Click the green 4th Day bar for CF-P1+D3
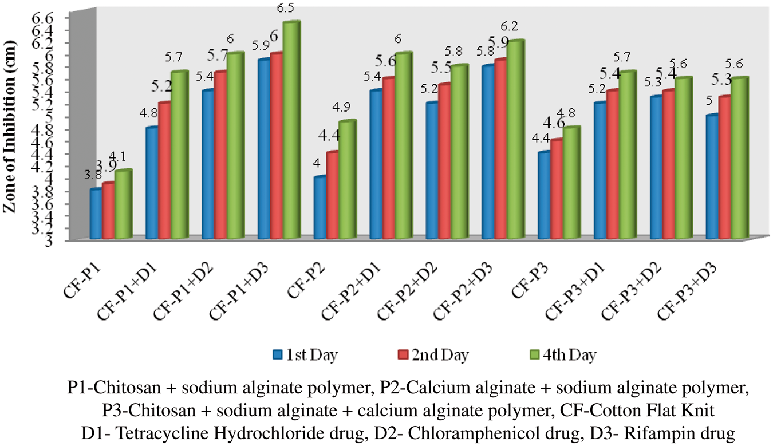pyautogui.click(x=291, y=132)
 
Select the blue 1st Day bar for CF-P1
pyautogui.click(x=96, y=214)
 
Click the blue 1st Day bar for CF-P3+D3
pyautogui.click(x=712, y=177)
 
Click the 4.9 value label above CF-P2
pyautogui.click(x=348, y=107)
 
